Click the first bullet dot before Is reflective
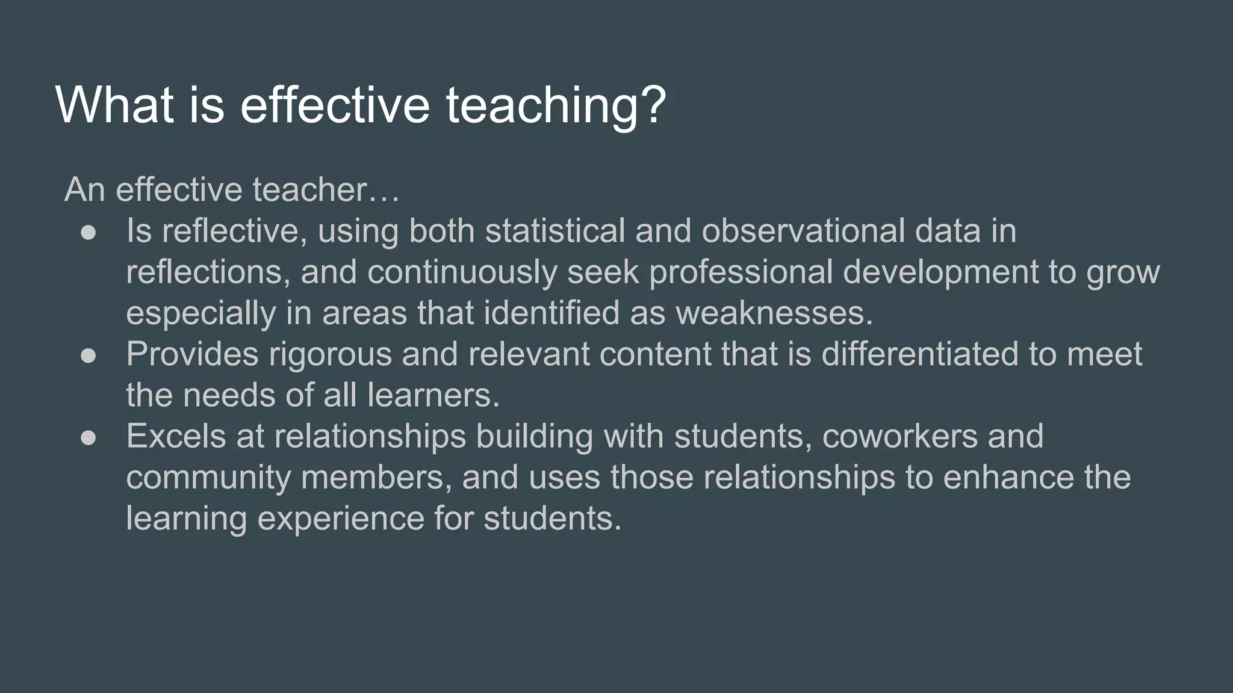[89, 232]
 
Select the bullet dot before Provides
[89, 355]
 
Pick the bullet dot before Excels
[89, 437]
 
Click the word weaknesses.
[774, 313]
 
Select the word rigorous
[331, 354]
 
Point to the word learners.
[433, 395]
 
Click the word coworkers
[899, 436]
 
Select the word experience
[341, 518]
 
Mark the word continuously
[462, 272]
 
